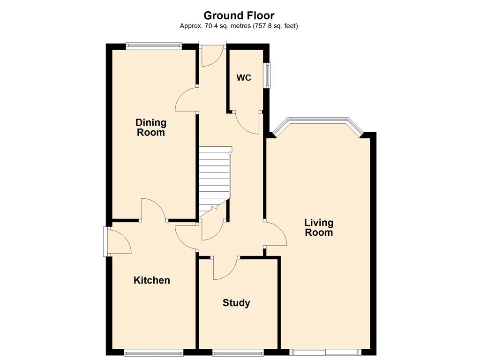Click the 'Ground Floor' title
239,15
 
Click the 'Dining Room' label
151,127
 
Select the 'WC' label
244,78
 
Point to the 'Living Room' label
319,227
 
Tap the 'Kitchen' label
152,280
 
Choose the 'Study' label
236,303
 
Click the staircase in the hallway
214,180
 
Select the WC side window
268,75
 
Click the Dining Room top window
154,46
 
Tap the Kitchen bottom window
154,352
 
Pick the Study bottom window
238,352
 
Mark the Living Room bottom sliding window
325,352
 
